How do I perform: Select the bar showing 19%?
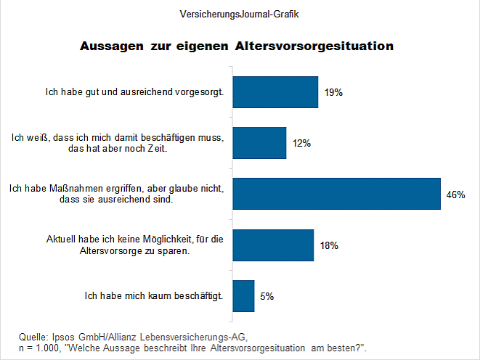(275, 92)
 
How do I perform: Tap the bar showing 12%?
(259, 143)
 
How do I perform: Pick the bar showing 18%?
(273, 245)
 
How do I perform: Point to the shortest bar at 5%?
(243, 296)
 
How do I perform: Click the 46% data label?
(456, 195)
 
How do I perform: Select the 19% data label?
(333, 93)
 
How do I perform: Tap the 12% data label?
(301, 144)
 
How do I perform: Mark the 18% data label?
(329, 245)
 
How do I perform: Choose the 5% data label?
(267, 296)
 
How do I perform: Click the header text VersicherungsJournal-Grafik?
(240, 14)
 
